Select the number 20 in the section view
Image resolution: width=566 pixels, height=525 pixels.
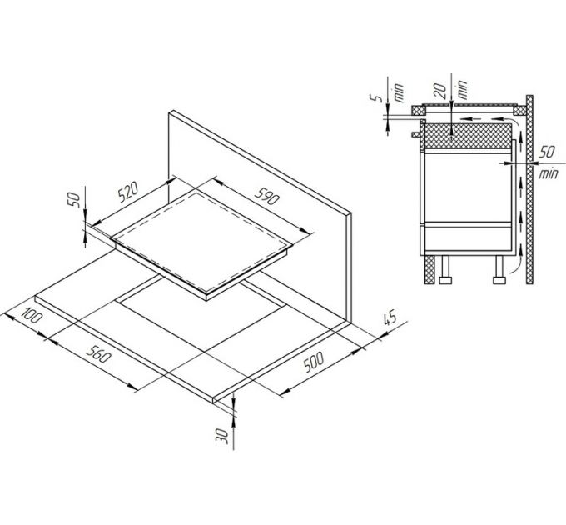(439, 86)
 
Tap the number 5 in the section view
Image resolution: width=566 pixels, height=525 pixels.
(380, 97)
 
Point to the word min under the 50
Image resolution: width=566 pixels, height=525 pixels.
(548, 176)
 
